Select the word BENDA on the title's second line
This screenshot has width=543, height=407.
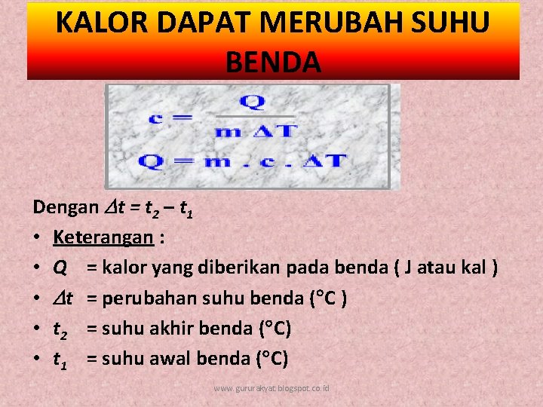(273, 60)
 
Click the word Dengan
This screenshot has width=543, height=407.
(66, 207)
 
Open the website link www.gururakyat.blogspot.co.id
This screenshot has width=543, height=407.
(271, 388)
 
